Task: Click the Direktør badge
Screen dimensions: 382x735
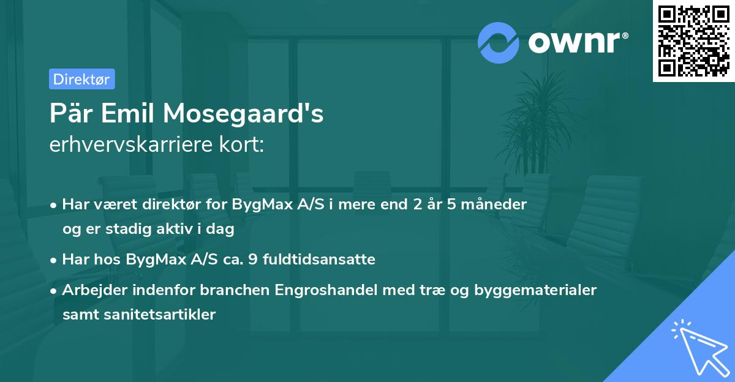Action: coord(81,79)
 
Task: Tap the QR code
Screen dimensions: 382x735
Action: coord(693,41)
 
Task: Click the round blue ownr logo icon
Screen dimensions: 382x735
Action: coord(499,43)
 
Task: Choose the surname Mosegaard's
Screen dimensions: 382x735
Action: coord(252,114)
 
